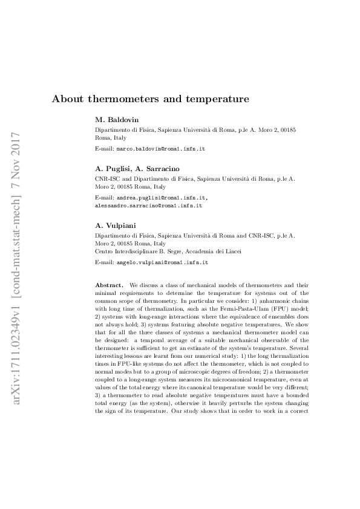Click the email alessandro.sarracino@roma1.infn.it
click(x=149, y=206)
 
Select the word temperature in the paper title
click(x=217, y=98)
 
